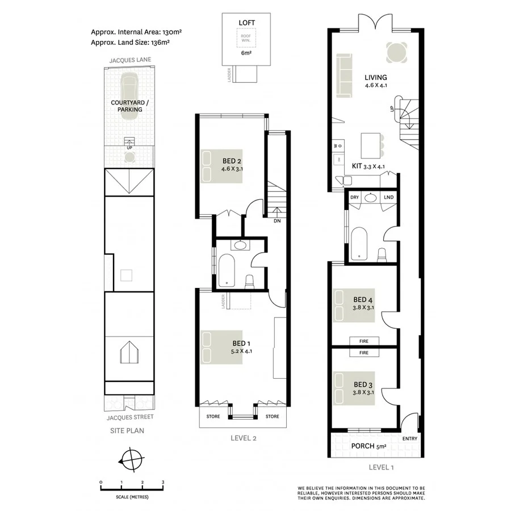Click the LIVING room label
tap(375, 78)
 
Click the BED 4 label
tap(362, 300)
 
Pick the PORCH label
tap(363, 446)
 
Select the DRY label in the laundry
tap(355, 197)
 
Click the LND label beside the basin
tap(388, 197)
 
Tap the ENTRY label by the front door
tap(409, 438)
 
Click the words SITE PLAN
tap(127, 430)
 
